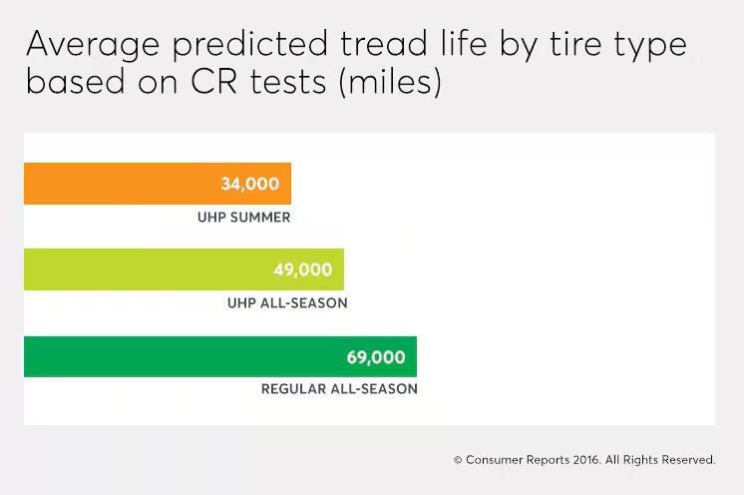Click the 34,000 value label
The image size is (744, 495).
tap(250, 185)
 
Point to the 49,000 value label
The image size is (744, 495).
tap(302, 270)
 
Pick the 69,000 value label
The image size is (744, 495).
tap(375, 357)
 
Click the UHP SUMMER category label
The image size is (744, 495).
tap(244, 218)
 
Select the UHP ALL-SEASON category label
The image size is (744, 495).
tap(287, 303)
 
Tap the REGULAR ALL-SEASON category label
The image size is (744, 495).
tap(339, 389)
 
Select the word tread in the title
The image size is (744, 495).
tap(376, 46)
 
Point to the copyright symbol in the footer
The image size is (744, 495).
tap(458, 460)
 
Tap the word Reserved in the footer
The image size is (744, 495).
tap(687, 460)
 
